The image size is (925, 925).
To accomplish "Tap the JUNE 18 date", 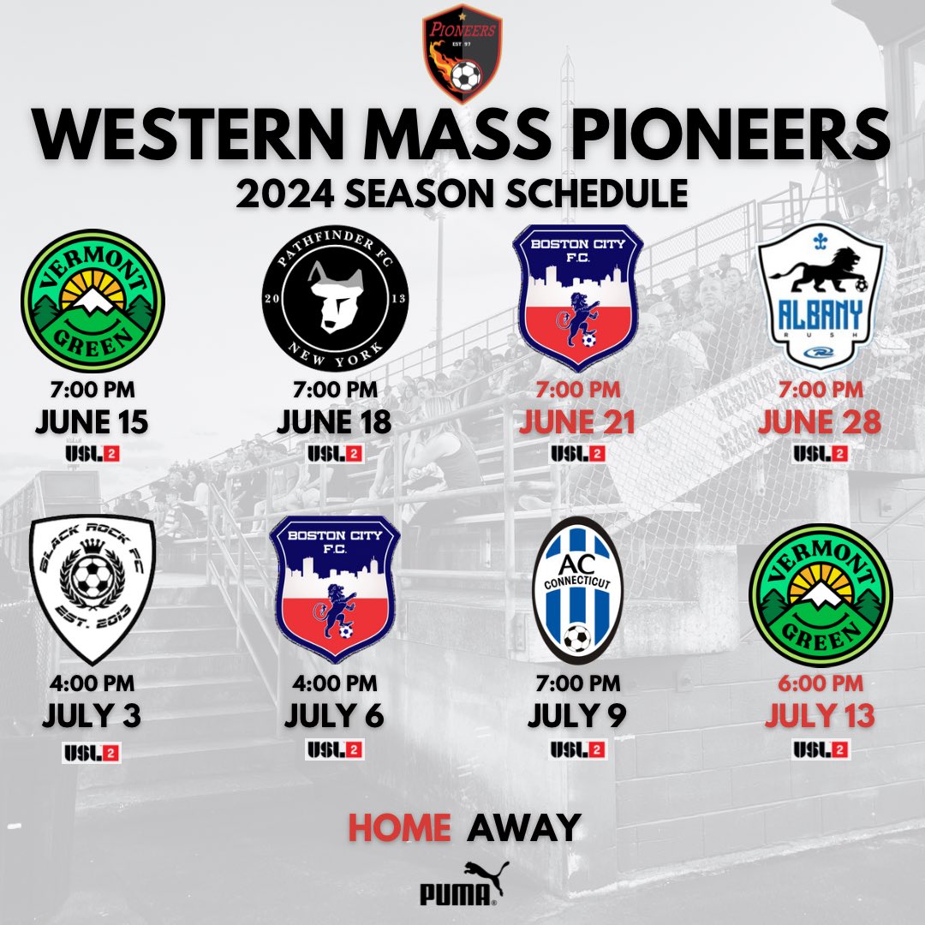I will (x=335, y=423).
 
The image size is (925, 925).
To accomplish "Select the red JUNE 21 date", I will (x=577, y=423).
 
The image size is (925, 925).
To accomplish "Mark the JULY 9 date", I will (x=577, y=716).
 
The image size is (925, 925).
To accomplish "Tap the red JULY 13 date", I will (x=821, y=716).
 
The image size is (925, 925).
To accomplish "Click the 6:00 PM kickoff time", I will (x=821, y=686).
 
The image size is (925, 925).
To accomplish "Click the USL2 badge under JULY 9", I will (x=577, y=749).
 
